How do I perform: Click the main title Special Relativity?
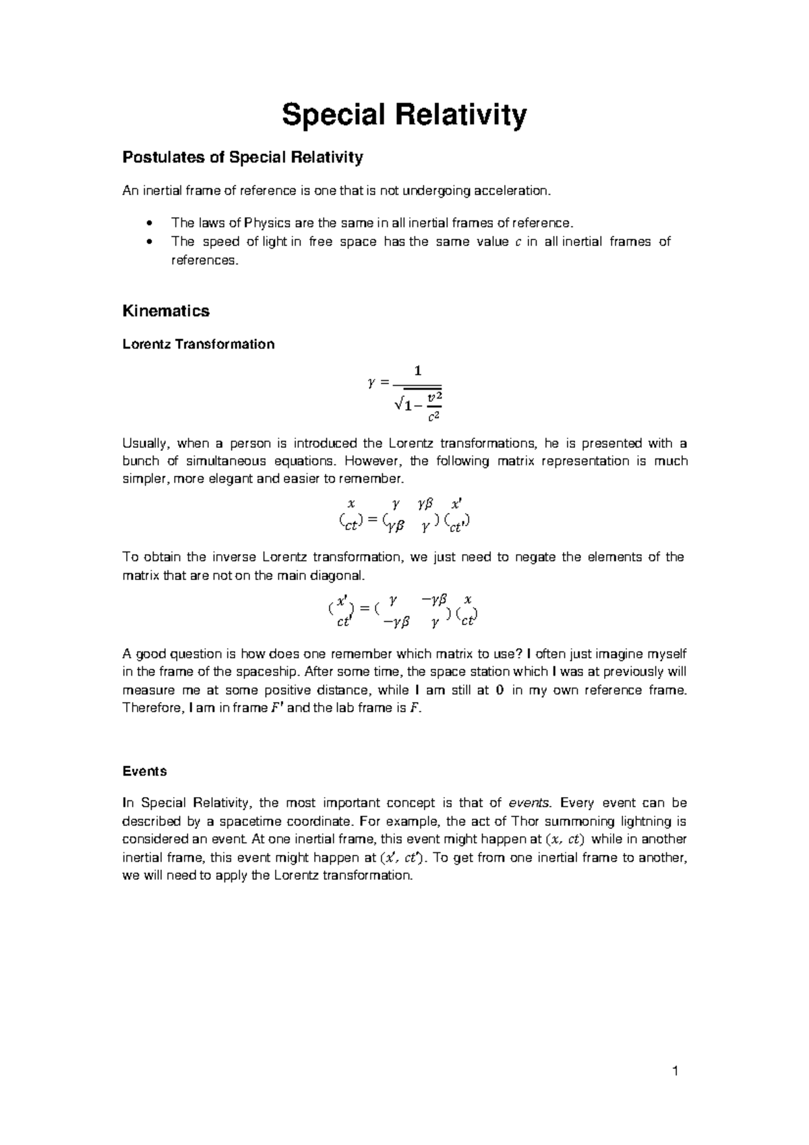(x=404, y=115)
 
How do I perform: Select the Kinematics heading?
(x=166, y=311)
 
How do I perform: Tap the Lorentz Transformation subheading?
(x=198, y=345)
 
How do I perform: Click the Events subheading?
(x=144, y=771)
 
